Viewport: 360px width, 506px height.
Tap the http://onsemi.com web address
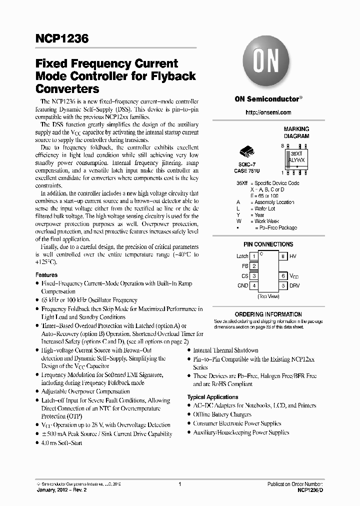coord(268,112)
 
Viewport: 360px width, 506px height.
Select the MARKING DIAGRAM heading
coord(296,132)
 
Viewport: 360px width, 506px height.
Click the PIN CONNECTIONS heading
coord(268,244)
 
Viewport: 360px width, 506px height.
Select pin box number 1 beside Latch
coord(254,256)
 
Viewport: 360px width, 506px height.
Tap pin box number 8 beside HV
coord(283,256)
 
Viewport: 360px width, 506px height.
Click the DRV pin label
coord(295,285)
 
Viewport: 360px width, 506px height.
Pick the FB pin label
coord(245,266)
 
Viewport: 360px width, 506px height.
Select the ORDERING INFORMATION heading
coord(268,314)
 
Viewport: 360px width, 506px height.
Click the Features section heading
coord(46,275)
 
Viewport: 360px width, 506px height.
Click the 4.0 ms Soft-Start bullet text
coord(61,443)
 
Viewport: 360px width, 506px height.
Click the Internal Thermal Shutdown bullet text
coord(225,350)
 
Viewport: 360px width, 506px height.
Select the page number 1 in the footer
coord(179,484)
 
